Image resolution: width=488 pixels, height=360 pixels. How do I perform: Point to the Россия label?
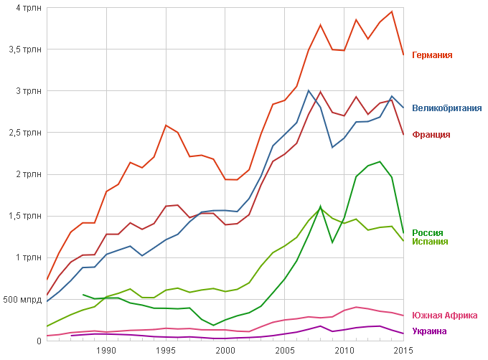[427, 232]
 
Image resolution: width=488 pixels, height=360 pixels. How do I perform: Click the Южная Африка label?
[444, 316]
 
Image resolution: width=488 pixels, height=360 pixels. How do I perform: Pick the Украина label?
[429, 331]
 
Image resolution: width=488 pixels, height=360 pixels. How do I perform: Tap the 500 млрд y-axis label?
[21, 299]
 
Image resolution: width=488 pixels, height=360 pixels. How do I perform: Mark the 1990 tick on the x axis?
[107, 350]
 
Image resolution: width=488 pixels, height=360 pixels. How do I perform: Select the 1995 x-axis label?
[166, 350]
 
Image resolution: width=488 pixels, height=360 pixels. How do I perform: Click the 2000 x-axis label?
[225, 350]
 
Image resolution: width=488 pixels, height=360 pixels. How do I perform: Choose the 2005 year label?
[285, 350]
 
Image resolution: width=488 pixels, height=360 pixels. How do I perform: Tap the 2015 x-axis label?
[403, 350]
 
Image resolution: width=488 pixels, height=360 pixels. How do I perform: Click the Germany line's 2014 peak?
[392, 11]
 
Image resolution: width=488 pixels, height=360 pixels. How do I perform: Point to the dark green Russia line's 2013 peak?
[380, 161]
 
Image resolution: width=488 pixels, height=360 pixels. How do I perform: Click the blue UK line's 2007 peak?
[309, 90]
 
